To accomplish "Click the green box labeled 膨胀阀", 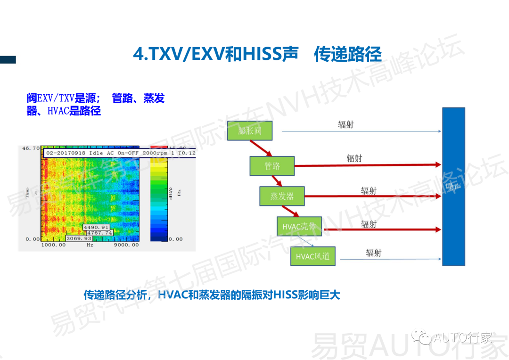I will pyautogui.click(x=250, y=131).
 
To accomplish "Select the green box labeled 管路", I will pyautogui.click(x=272, y=166).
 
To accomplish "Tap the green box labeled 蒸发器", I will pyautogui.click(x=282, y=196).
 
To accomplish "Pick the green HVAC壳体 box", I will pyautogui.click(x=299, y=227).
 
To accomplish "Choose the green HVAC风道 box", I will pyautogui.click(x=313, y=257).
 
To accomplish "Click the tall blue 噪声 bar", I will pyautogui.click(x=453, y=186).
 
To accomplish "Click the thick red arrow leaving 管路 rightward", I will pyautogui.click(x=368, y=165).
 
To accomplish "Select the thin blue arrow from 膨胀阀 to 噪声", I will pyautogui.click(x=358, y=131).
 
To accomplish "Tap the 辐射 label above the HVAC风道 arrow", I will pyautogui.click(x=374, y=253).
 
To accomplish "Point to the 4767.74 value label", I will pyautogui.click(x=99, y=233).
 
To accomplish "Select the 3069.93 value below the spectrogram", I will pyautogui.click(x=78, y=239).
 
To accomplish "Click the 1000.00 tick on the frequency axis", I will pyautogui.click(x=53, y=245).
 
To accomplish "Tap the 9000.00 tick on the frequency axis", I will pyautogui.click(x=126, y=245).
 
